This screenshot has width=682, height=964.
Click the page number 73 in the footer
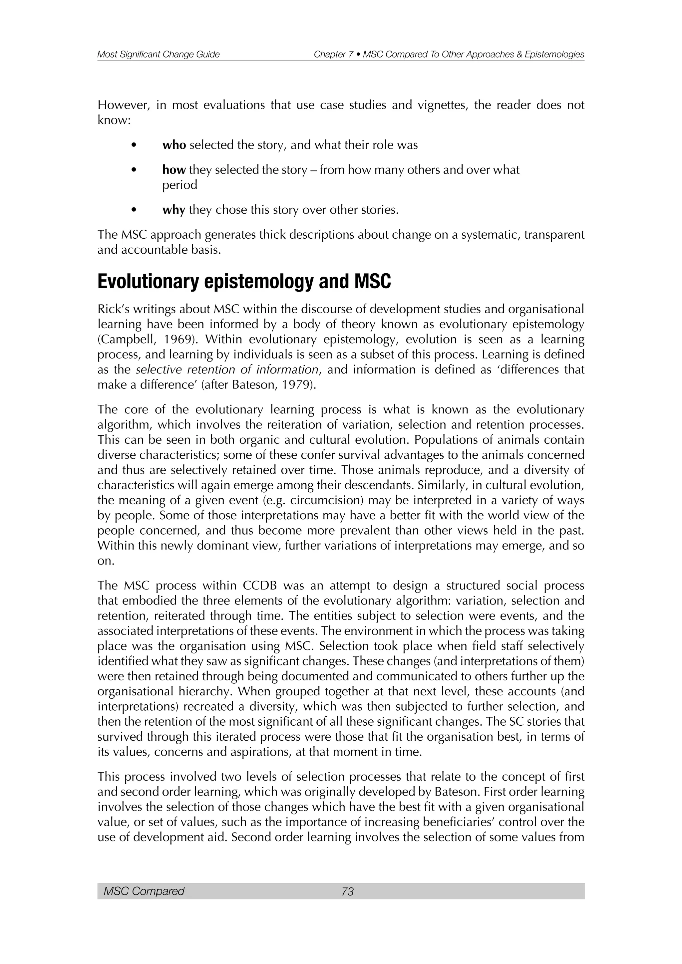click(x=348, y=891)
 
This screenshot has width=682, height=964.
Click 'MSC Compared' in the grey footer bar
click(x=144, y=891)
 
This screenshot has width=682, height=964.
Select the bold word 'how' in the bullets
click(x=174, y=170)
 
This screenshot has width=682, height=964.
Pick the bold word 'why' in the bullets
click(x=173, y=210)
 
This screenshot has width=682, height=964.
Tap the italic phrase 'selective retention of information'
click(x=227, y=369)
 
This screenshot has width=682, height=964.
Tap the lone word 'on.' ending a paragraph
click(x=106, y=561)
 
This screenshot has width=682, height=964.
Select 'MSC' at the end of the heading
click(x=373, y=282)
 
